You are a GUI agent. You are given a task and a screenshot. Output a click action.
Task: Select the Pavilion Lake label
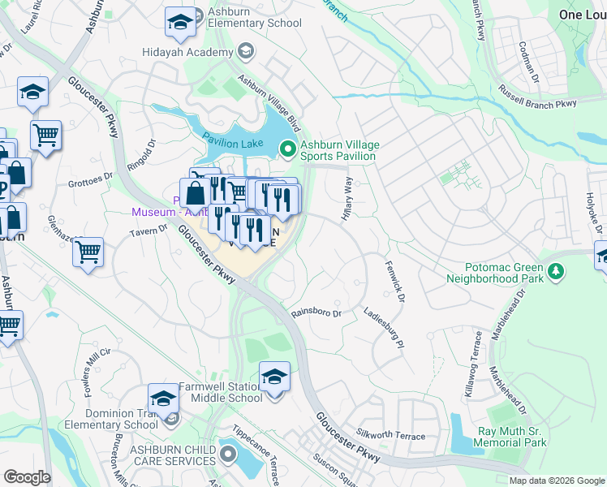coord(232,144)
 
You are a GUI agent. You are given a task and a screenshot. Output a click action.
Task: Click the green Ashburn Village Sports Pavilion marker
coord(287,149)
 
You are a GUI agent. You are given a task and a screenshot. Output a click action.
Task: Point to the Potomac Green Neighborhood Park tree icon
coord(556,271)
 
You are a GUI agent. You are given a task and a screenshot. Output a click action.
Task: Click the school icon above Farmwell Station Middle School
coord(274,377)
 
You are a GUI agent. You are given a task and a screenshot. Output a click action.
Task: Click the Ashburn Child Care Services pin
coord(227,455)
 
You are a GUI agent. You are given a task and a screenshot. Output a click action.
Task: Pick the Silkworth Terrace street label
coord(391,436)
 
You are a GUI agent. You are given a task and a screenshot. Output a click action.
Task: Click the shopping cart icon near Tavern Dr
coord(88,251)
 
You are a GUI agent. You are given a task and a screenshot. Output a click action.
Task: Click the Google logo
coord(27,476)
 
